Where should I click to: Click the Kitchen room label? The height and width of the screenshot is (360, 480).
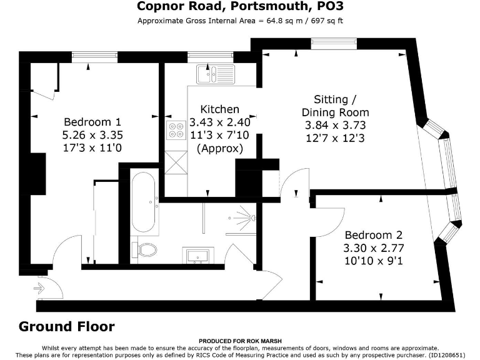coord(219,109)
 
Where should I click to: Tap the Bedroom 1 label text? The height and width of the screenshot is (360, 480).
coord(92,121)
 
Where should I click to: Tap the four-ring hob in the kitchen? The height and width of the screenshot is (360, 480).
coord(175,128)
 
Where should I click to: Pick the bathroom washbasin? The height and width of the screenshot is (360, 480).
coord(199,254)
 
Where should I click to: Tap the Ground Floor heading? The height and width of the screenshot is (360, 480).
coord(67,326)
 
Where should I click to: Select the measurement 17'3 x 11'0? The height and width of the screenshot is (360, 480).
coord(92,146)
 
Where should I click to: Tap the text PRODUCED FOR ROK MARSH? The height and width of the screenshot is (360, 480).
coord(240,342)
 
